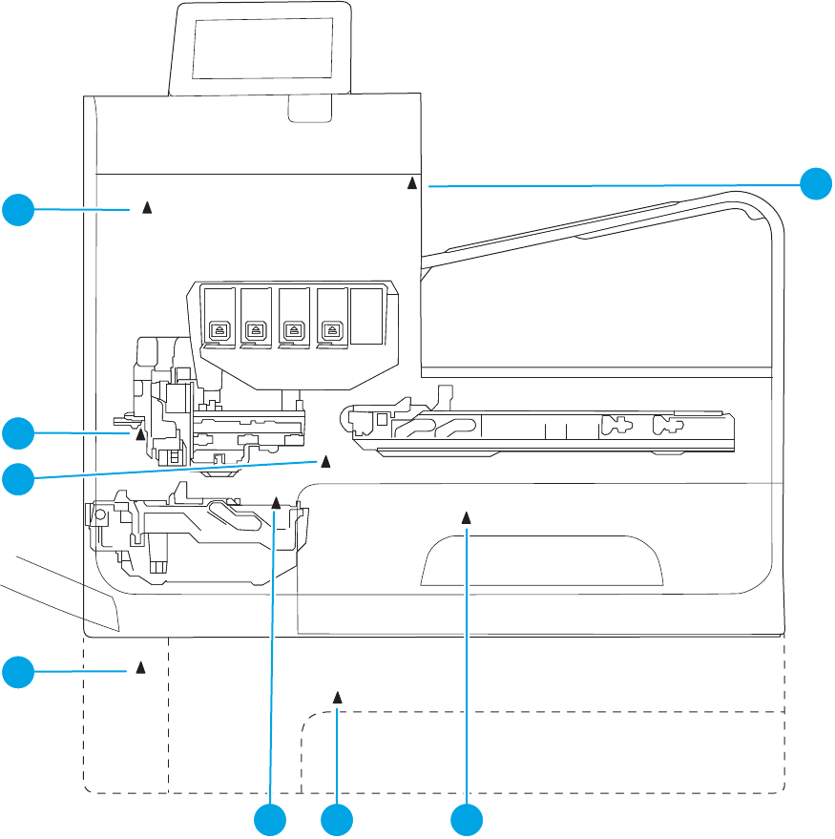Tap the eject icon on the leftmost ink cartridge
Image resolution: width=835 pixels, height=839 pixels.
pos(217,330)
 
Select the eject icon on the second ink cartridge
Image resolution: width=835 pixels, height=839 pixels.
pos(255,330)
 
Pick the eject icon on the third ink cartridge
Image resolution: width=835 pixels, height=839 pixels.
pos(293,330)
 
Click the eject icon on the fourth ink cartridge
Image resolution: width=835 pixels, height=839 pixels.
pos(331,330)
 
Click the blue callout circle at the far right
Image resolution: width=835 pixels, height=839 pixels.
pos(816,182)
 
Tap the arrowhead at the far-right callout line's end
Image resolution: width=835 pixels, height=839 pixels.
pos(412,181)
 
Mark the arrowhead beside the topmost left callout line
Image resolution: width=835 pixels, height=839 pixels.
pos(147,206)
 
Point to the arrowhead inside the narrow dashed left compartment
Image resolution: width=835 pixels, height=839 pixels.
pos(140,665)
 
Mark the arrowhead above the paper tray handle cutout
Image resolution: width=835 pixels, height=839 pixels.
pos(467,516)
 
